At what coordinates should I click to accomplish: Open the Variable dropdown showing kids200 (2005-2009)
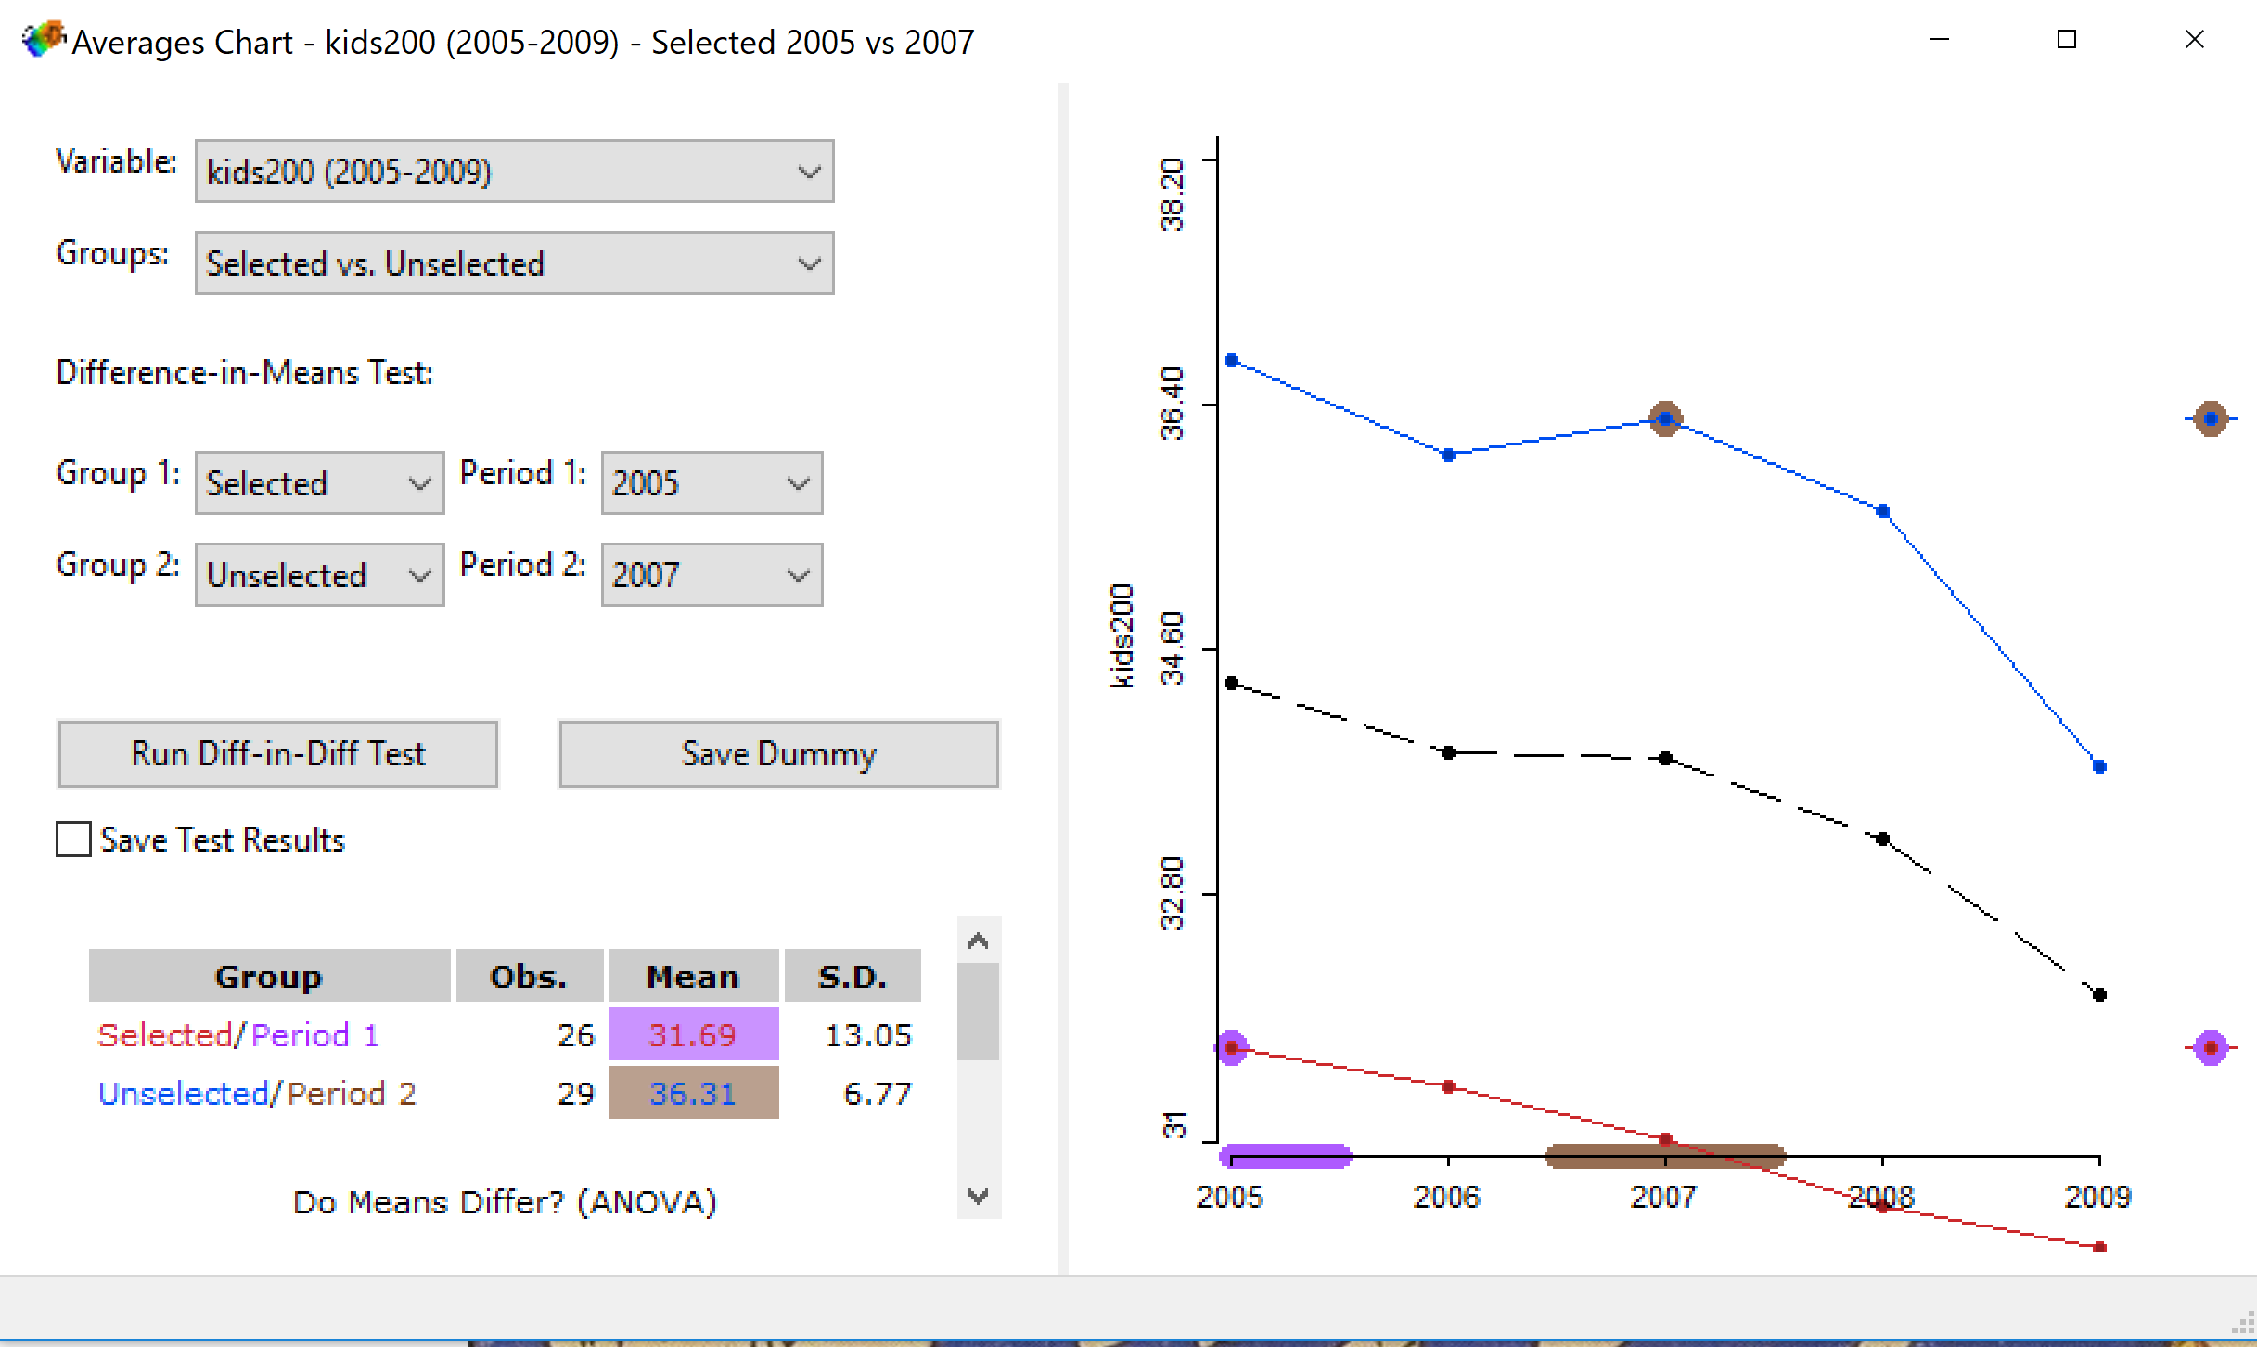513,172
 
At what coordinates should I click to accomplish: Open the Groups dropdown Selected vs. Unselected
513,263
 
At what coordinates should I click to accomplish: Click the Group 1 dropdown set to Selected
318,483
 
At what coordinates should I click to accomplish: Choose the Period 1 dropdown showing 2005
711,483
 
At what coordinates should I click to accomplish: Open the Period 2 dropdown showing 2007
711,575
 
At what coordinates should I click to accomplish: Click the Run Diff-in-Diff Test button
277,754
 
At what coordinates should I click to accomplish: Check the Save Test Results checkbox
73,840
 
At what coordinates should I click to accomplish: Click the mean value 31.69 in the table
693,1034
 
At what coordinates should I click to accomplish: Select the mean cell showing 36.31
693,1093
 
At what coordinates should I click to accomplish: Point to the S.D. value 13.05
867,1034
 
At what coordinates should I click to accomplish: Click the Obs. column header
529,976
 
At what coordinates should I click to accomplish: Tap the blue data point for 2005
1232,361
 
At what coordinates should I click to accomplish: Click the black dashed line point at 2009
2099,994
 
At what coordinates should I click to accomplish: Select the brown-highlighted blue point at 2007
1665,419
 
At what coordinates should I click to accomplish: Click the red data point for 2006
1448,1086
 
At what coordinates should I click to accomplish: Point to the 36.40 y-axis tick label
1173,404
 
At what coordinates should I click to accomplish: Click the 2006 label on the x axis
1446,1197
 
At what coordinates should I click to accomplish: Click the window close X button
2194,40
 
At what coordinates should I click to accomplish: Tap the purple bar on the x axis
1286,1156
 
